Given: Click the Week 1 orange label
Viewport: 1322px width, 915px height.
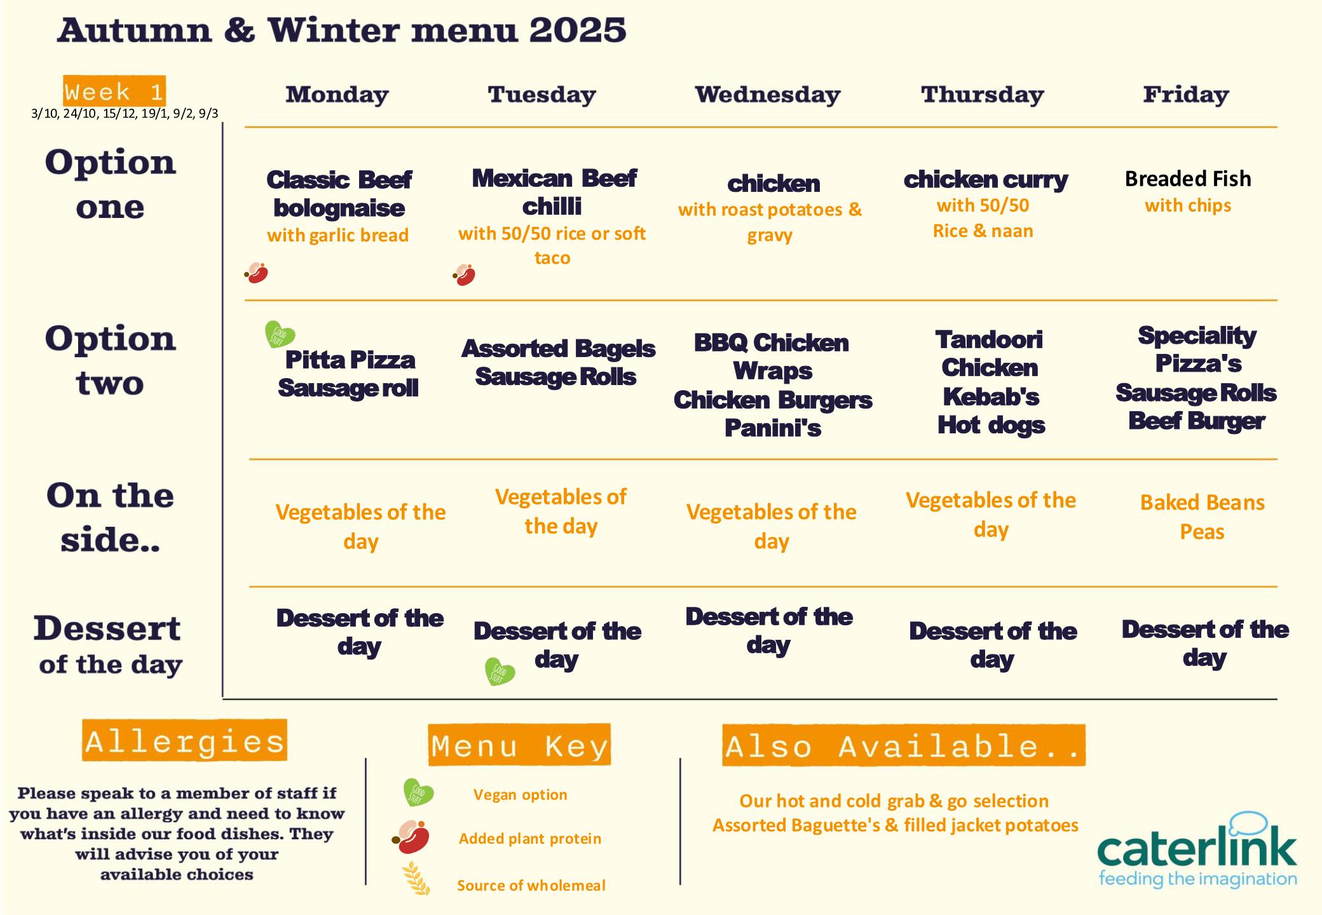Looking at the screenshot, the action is (114, 91).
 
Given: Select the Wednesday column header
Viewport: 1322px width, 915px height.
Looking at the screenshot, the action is (768, 95).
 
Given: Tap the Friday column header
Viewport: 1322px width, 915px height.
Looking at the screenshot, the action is (1186, 95).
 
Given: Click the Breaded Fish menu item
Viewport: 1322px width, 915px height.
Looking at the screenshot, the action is (1188, 179).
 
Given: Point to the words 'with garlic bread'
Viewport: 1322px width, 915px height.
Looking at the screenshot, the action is (337, 235).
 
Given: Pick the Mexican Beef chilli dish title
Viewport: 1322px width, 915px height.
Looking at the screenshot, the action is (554, 192).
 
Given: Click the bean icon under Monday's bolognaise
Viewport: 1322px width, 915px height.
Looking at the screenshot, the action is (256, 273).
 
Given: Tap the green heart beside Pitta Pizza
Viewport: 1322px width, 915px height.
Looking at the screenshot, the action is (279, 334).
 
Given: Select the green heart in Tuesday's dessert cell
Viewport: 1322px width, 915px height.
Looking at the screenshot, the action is (500, 672).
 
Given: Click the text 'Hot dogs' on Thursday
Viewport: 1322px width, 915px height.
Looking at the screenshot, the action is (991, 426).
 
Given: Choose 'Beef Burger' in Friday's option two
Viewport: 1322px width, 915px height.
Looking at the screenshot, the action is (1196, 421).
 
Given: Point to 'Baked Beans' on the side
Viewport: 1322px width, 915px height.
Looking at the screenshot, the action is (1202, 503).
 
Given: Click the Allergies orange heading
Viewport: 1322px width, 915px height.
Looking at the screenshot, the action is (184, 740).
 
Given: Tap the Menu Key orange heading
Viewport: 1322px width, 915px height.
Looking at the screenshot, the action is (519, 745).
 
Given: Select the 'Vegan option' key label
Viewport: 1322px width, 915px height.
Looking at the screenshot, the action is (520, 795).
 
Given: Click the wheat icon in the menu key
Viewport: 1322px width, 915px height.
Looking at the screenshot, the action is (417, 878).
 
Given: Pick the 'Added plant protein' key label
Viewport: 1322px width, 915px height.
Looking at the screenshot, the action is (530, 839).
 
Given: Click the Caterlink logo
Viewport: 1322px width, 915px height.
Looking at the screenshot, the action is (1197, 850).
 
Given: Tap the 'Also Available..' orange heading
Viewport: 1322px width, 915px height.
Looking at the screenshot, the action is (903, 745).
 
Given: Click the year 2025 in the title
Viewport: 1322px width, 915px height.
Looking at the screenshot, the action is (577, 30).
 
